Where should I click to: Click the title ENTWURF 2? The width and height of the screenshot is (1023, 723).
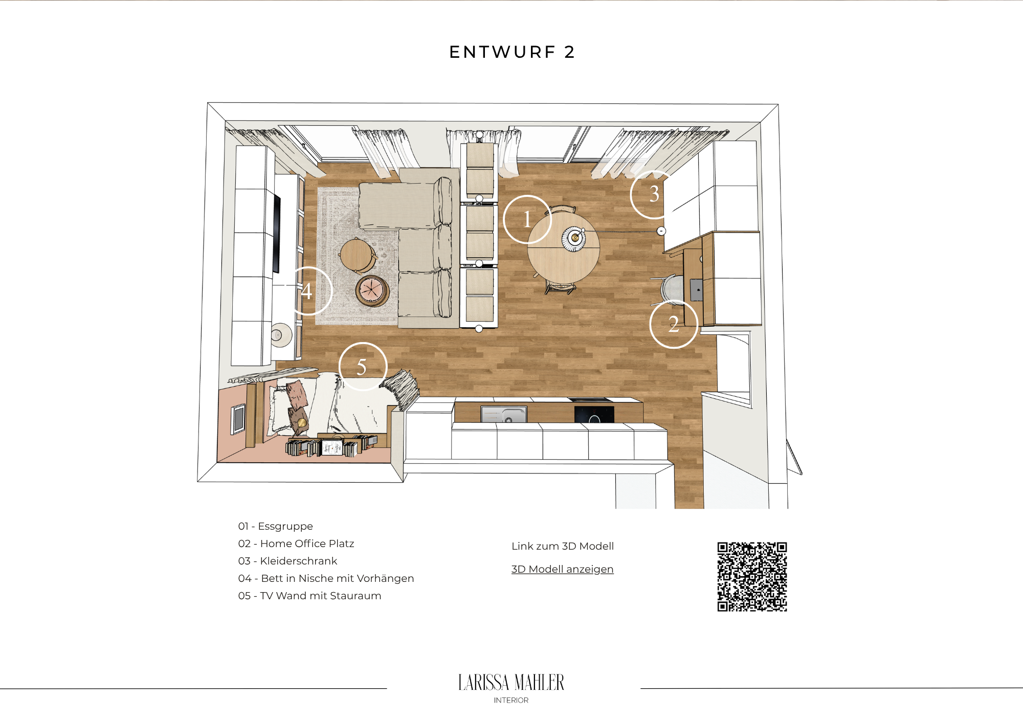tap(512, 52)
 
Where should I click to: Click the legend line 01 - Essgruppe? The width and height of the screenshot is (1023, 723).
tap(275, 526)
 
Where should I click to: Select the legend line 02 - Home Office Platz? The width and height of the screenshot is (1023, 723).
tap(296, 544)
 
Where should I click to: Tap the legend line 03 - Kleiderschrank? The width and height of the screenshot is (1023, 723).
tap(287, 561)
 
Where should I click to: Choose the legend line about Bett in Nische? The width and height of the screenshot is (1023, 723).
tap(326, 578)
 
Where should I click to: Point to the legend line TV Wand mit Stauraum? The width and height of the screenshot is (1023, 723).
tap(309, 596)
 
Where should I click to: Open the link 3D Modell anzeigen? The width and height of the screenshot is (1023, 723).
tap(562, 569)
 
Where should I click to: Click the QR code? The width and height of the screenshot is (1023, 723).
tap(752, 577)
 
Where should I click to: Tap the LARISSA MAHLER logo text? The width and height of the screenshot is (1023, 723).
tap(511, 683)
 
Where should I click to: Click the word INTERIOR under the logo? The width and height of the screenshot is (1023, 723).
tap(511, 701)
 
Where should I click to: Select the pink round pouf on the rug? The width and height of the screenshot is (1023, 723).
tap(372, 290)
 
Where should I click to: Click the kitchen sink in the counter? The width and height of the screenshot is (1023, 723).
tap(504, 414)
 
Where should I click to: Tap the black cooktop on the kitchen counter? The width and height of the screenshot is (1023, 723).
tap(594, 414)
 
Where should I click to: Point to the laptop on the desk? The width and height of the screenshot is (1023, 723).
tap(696, 290)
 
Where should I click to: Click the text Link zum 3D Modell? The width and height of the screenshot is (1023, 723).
tap(563, 546)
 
